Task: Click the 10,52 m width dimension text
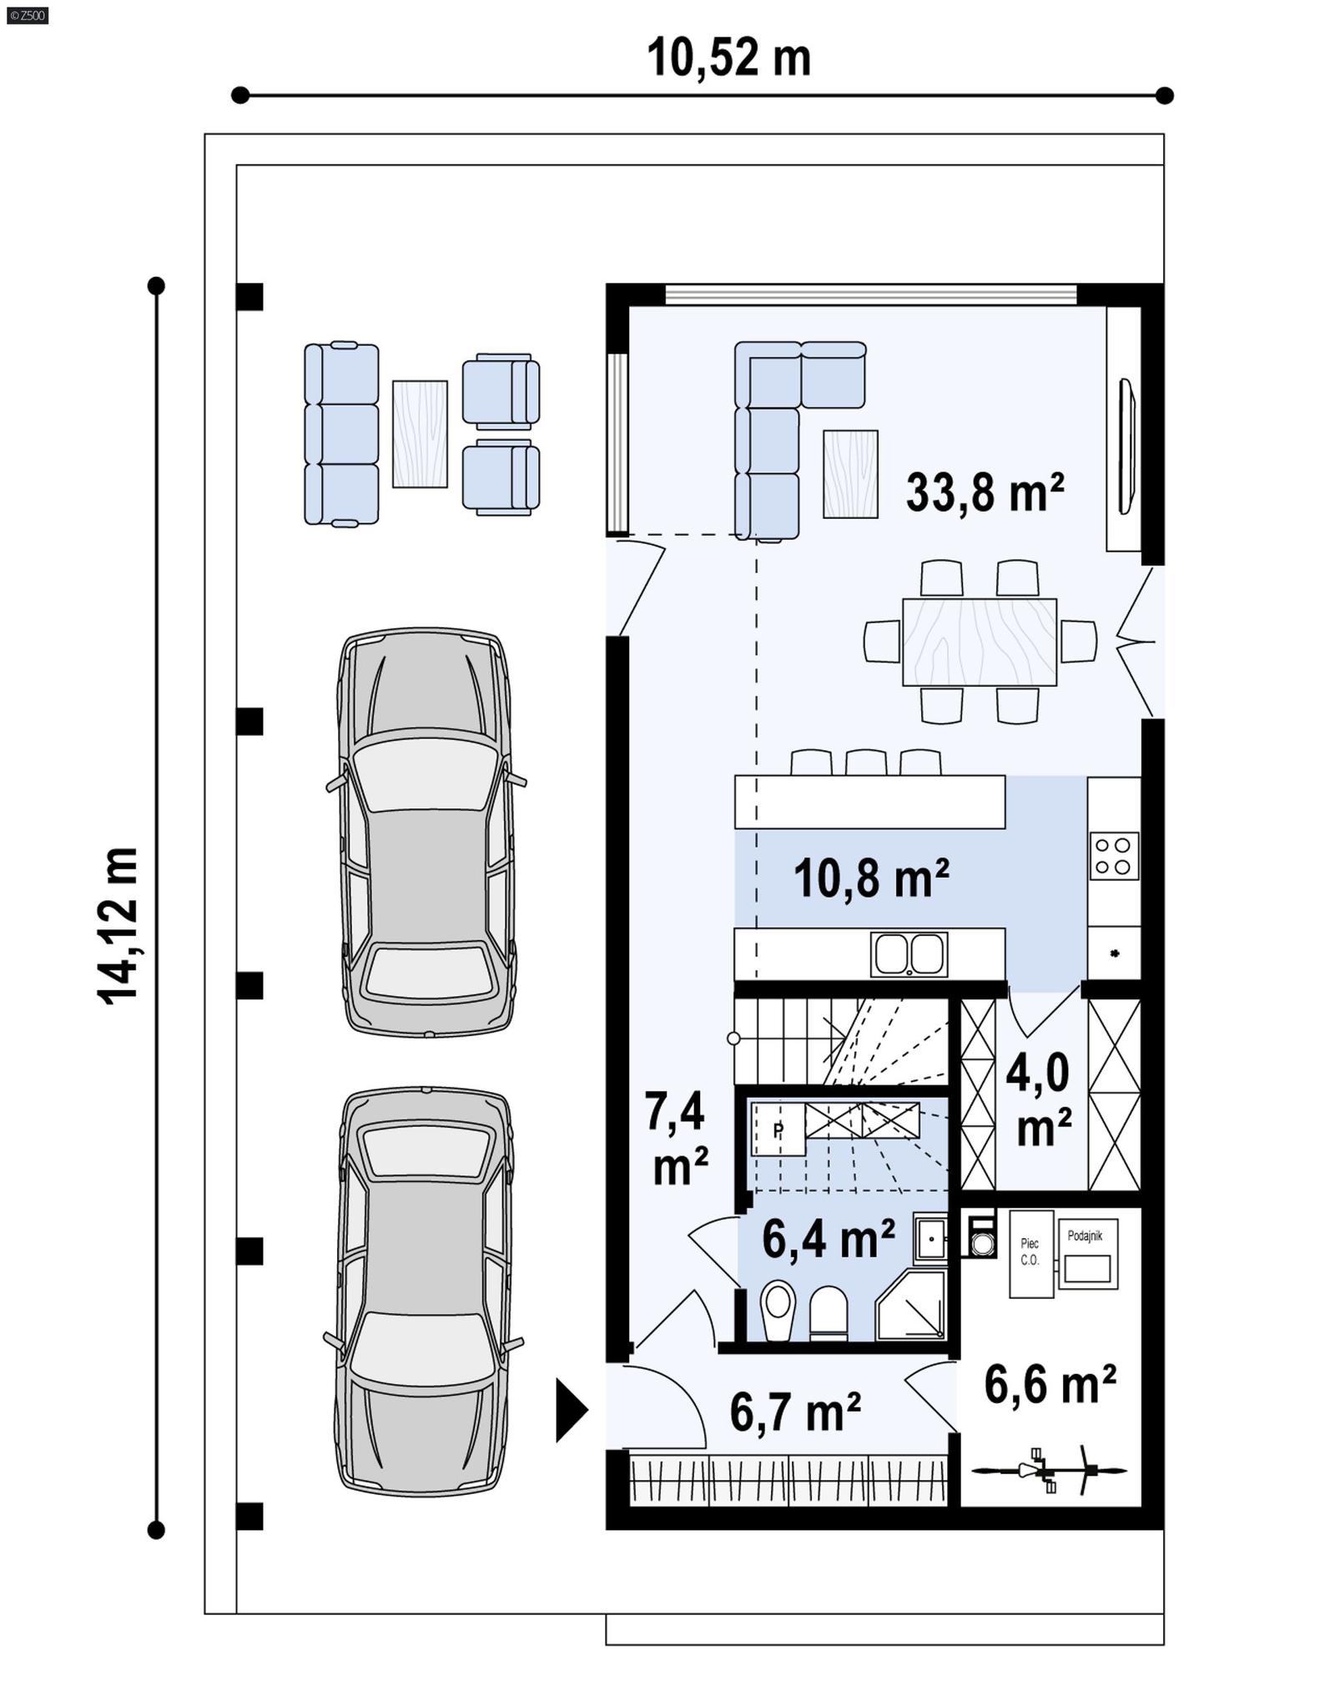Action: (728, 58)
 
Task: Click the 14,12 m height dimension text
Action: (118, 925)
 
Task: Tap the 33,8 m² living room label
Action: (985, 492)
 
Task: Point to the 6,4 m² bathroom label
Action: (828, 1239)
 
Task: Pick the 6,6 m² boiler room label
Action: (1050, 1386)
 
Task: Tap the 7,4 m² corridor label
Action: (678, 1139)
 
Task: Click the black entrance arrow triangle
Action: (571, 1411)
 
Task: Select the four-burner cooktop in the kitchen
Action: (1114, 856)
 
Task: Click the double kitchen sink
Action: (909, 954)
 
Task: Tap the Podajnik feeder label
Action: (1085, 1236)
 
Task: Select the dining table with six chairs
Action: (980, 642)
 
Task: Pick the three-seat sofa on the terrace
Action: (340, 434)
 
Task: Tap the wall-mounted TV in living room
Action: (1126, 446)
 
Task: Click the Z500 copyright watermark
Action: (27, 15)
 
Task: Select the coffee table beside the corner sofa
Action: (850, 474)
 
